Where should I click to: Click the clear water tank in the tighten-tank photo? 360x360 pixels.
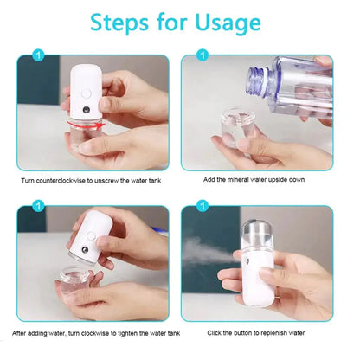87,281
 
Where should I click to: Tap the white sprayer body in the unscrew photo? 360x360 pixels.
83,91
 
